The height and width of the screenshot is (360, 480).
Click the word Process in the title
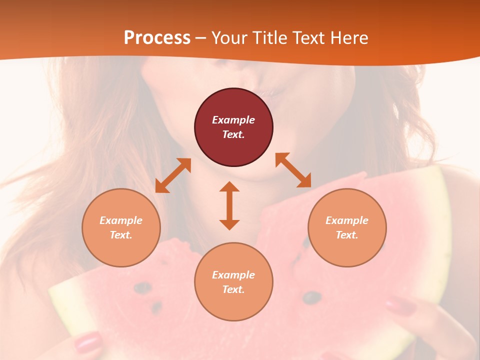click(157, 38)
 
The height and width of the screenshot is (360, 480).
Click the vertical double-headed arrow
click(229, 205)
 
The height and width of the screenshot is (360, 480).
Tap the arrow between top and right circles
click(293, 170)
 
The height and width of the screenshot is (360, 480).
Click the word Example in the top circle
click(233, 120)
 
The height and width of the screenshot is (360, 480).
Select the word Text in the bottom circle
click(233, 289)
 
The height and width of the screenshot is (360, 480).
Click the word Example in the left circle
click(121, 220)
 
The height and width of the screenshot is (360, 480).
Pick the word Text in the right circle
click(346, 235)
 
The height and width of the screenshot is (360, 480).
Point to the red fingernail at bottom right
click(400, 304)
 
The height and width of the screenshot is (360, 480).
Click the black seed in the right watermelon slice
click(312, 297)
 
